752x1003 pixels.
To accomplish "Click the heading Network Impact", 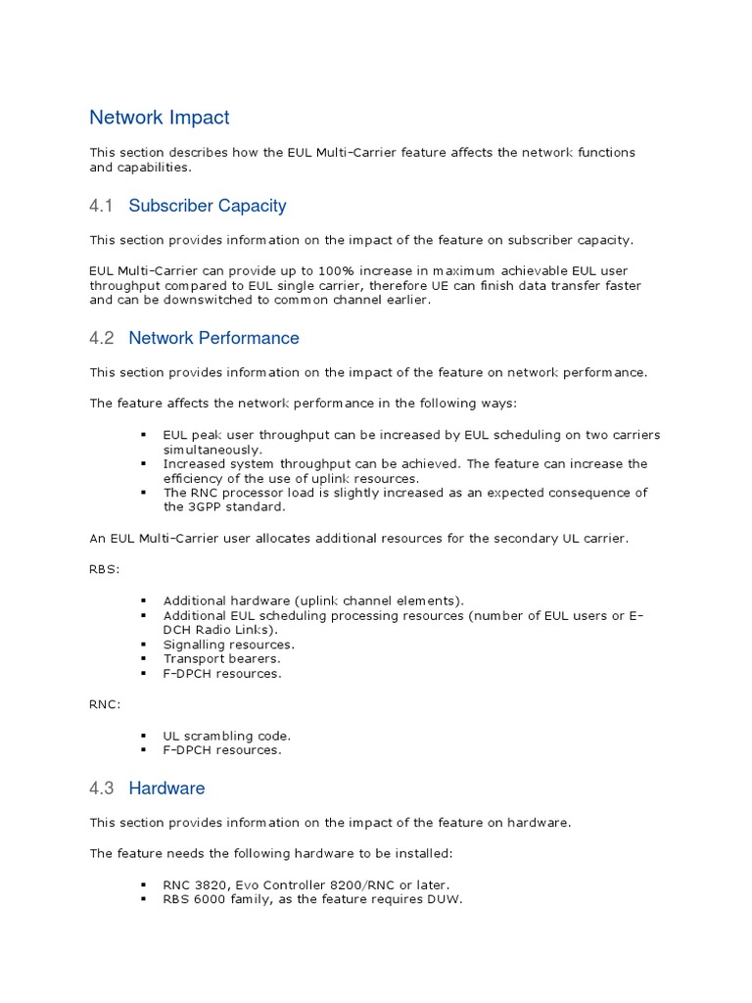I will pyautogui.click(x=160, y=118).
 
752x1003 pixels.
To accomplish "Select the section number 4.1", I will pyautogui.click(x=102, y=206).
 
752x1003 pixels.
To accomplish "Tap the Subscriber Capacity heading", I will pyautogui.click(x=208, y=206).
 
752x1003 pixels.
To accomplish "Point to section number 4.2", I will pyautogui.click(x=102, y=338).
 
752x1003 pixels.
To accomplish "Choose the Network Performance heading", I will pyautogui.click(x=213, y=338).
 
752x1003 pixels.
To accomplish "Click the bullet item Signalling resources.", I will pyautogui.click(x=228, y=645).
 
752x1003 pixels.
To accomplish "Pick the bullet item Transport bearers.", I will pyautogui.click(x=221, y=659).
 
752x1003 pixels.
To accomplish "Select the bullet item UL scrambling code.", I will pyautogui.click(x=227, y=736).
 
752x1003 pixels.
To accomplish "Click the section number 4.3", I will pyautogui.click(x=102, y=788).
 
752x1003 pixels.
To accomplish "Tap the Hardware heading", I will pyautogui.click(x=166, y=788).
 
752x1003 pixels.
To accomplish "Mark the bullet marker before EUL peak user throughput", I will pyautogui.click(x=143, y=435).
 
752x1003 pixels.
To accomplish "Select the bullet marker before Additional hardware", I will pyautogui.click(x=143, y=600).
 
